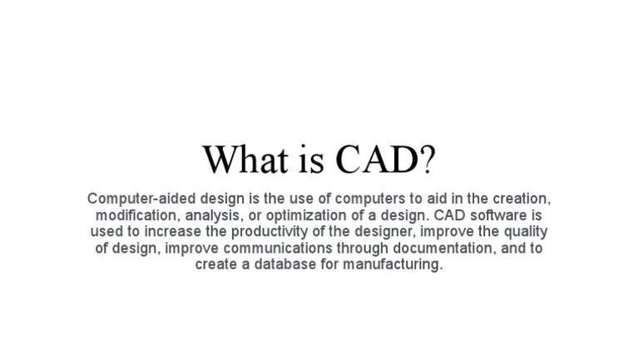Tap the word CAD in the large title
(x=378, y=159)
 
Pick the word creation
(x=523, y=199)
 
